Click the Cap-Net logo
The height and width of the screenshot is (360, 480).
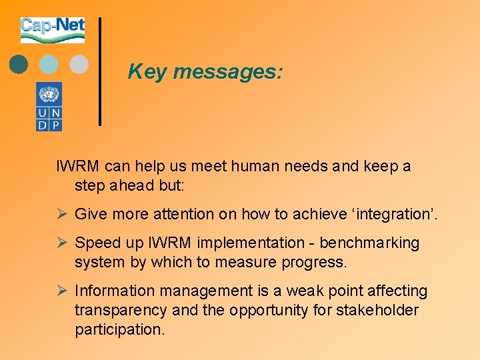[53, 30]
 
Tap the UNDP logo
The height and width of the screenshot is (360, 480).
[49, 107]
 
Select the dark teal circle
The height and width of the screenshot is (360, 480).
[19, 64]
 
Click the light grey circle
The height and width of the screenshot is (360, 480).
[79, 64]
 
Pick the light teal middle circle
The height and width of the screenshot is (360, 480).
[49, 64]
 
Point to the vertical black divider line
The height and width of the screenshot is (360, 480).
[100, 71]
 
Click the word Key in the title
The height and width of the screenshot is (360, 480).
[147, 71]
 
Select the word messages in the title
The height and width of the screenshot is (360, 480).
[228, 71]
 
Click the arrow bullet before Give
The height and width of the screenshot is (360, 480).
[61, 214]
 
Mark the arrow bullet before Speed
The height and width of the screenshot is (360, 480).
[61, 243]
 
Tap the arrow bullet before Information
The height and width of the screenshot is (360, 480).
[61, 291]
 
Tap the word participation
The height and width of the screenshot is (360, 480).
[119, 329]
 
